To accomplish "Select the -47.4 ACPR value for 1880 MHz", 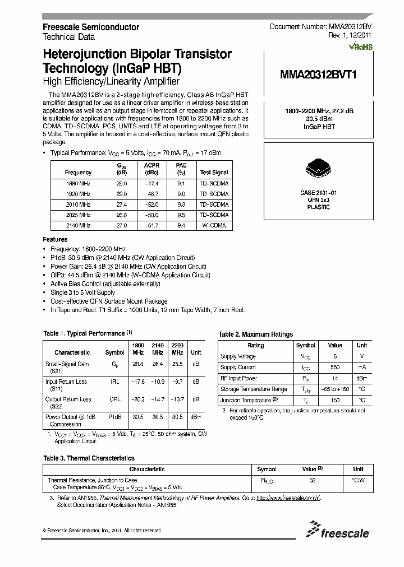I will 151,183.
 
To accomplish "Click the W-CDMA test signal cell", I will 214,225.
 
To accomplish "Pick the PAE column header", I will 181,166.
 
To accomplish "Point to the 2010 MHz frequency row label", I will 78,205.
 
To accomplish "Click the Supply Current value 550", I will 334,368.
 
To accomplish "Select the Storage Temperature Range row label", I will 254,389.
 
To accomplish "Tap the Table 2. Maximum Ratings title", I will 255,334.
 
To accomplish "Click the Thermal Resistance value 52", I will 313,480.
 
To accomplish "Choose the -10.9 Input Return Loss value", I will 157,382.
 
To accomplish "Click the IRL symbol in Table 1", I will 114,382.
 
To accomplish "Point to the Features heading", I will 55,239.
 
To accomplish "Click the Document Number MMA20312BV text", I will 320,26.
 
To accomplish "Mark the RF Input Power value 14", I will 334,378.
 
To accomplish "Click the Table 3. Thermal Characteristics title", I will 89,458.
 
